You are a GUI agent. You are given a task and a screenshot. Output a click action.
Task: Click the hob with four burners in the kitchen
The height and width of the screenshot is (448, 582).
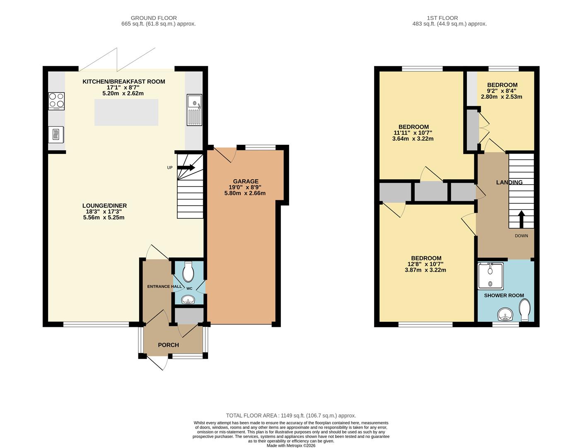[x=56, y=100]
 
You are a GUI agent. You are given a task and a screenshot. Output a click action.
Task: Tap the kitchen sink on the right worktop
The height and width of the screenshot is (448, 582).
[x=194, y=110]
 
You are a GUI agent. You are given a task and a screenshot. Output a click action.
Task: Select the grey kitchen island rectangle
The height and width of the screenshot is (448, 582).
[x=126, y=112]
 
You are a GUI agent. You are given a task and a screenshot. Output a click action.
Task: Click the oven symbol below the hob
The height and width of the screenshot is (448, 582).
[x=56, y=134]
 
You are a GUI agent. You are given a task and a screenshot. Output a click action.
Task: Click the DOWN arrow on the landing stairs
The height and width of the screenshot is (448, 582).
[x=521, y=219]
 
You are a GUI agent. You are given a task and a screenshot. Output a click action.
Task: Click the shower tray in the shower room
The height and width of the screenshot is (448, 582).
[x=490, y=276]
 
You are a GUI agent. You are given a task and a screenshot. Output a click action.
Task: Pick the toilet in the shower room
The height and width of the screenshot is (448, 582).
[x=524, y=310]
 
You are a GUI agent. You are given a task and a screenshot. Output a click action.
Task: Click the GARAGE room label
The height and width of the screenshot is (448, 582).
[x=245, y=181]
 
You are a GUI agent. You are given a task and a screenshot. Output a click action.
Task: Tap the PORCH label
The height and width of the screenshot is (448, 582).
[x=169, y=345]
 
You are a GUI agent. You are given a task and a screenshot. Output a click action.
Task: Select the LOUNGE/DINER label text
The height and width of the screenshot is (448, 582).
[x=104, y=206]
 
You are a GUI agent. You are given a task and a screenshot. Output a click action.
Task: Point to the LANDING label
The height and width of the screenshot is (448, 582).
[x=509, y=183]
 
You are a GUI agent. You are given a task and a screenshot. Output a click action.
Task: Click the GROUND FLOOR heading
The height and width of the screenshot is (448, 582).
[x=154, y=18]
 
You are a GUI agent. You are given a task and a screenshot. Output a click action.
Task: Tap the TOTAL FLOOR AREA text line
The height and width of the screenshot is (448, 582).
[x=291, y=415]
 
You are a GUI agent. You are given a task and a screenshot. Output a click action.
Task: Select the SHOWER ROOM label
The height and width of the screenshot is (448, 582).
[x=504, y=295]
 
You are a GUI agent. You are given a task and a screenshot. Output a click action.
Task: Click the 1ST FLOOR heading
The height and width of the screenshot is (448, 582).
[x=442, y=18]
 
